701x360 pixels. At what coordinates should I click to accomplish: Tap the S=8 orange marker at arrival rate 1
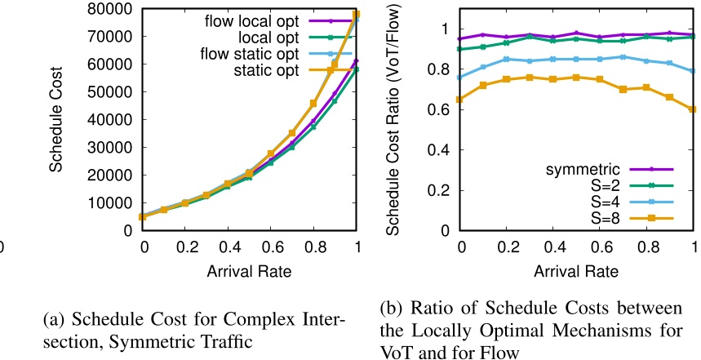tap(694, 109)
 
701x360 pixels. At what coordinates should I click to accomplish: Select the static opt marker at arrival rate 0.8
tap(313, 104)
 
